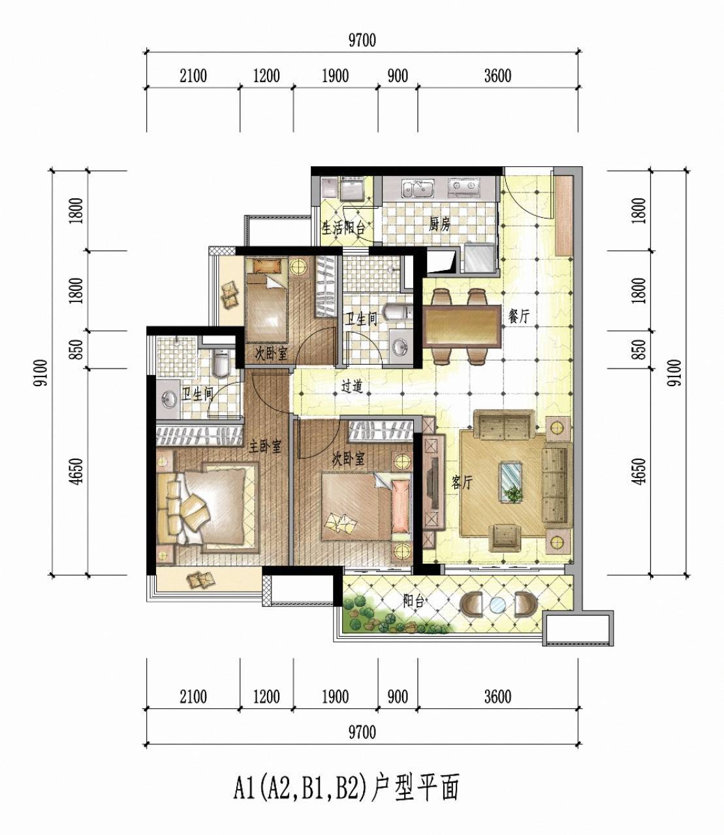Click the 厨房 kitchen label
[x=440, y=224]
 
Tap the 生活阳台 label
[x=343, y=228]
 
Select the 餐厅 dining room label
[x=518, y=316]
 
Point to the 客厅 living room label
[x=462, y=482]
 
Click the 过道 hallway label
[x=352, y=387]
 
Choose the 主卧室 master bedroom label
[x=264, y=447]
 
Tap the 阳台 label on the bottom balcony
[x=413, y=601]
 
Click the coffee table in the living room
[x=511, y=483]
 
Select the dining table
[x=462, y=326]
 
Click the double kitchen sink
[x=418, y=189]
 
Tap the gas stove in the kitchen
[x=464, y=187]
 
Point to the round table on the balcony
[x=497, y=605]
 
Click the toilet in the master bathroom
[x=220, y=364]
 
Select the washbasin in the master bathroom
[x=168, y=399]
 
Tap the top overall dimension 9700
[x=362, y=40]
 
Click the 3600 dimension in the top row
[x=497, y=76]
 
